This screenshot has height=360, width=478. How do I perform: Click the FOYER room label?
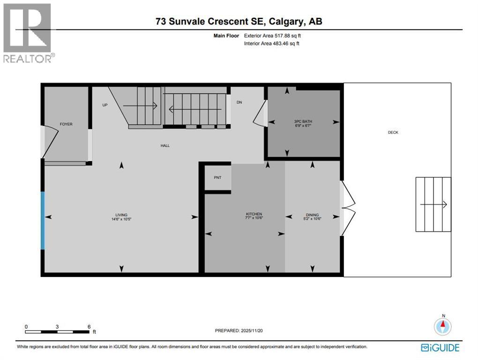pyautogui.click(x=66, y=124)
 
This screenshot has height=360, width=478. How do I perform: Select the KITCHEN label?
pyautogui.click(x=254, y=214)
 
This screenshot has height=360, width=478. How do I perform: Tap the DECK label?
pyautogui.click(x=393, y=133)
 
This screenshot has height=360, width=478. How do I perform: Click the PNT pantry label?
pyautogui.click(x=217, y=178)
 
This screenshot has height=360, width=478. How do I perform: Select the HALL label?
pyautogui.click(x=165, y=146)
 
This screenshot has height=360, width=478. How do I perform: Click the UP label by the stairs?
pyautogui.click(x=105, y=105)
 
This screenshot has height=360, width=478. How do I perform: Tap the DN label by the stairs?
pyautogui.click(x=239, y=103)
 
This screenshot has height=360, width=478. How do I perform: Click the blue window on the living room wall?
pyautogui.click(x=43, y=220)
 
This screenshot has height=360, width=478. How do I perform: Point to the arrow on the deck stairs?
pyautogui.click(x=433, y=205)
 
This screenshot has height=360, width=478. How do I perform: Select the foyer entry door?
pyautogui.click(x=50, y=142)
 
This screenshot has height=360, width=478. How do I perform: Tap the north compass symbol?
pyautogui.click(x=442, y=326)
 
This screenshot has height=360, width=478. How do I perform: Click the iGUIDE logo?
pyautogui.click(x=440, y=347)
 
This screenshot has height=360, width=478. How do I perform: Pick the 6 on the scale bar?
pyautogui.click(x=89, y=326)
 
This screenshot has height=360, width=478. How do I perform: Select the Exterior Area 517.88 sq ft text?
pyautogui.click(x=276, y=36)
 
